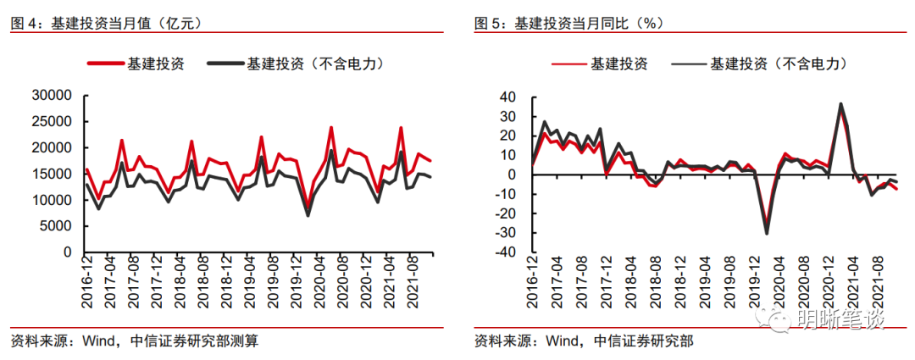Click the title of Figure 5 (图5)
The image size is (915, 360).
point(568,23)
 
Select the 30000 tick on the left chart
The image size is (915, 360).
point(52,96)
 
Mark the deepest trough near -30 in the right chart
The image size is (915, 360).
point(767,233)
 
